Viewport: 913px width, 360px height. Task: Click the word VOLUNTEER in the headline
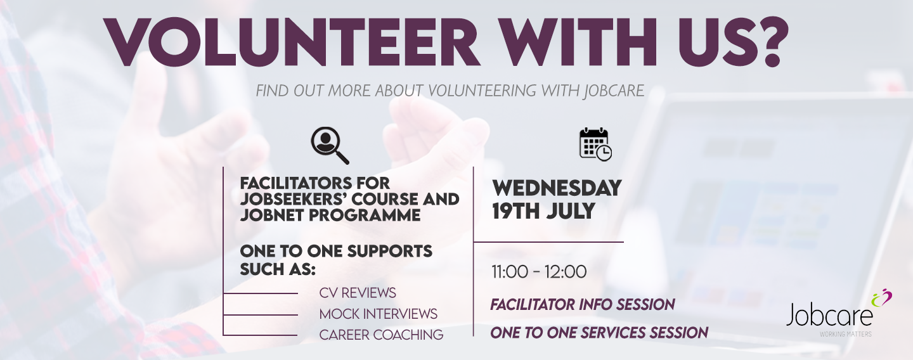[292, 42]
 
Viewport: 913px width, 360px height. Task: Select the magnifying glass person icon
[330, 145]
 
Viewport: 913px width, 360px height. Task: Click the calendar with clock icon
[595, 145]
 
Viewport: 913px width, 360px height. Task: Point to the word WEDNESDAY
[557, 188]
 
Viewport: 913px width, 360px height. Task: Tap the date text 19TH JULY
[543, 211]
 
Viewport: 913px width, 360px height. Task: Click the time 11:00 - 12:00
[539, 272]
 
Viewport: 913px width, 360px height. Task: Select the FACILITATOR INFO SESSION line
[583, 305]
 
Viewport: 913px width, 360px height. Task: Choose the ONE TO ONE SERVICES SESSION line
[599, 333]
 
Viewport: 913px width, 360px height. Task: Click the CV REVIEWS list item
[358, 293]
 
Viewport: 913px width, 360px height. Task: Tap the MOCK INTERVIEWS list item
[379, 314]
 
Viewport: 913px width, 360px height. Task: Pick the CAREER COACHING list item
[381, 335]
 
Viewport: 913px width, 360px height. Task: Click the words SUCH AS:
[278, 269]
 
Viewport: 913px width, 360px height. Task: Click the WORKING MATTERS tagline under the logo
[845, 335]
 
